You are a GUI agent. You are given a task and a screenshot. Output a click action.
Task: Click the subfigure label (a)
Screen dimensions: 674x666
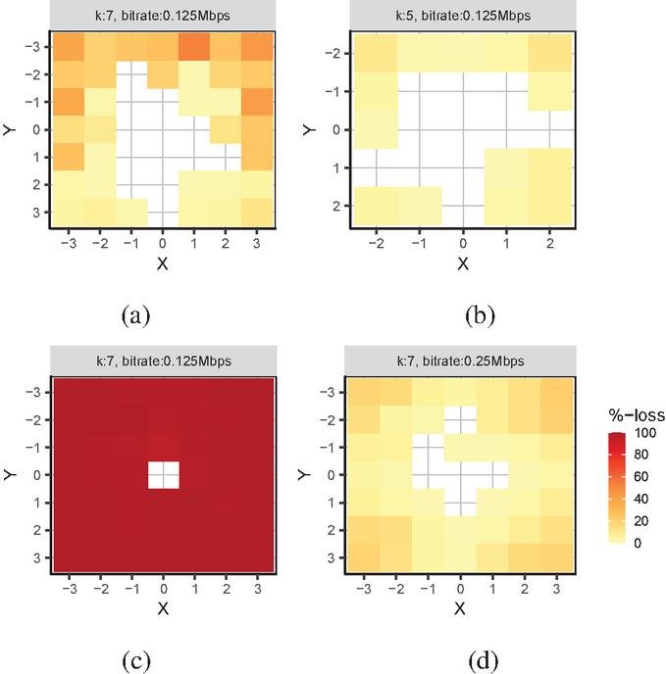pos(135,315)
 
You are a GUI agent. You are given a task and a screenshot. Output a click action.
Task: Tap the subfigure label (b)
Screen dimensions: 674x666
pos(479,315)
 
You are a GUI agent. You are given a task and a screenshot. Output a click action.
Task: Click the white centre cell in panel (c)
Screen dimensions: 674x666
pos(164,474)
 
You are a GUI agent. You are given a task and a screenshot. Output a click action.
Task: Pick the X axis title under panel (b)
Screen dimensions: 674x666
pos(461,263)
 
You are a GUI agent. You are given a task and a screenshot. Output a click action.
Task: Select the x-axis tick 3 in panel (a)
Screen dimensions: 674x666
pos(256,243)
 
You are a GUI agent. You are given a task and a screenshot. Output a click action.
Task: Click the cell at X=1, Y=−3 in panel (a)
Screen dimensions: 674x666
pos(194,45)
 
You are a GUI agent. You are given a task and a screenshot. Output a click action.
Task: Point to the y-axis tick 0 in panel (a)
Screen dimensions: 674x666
pos(35,128)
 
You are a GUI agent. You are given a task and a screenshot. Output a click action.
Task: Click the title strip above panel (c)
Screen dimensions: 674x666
pos(164,361)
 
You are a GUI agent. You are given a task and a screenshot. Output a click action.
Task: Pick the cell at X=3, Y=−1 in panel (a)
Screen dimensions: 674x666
pos(256,101)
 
